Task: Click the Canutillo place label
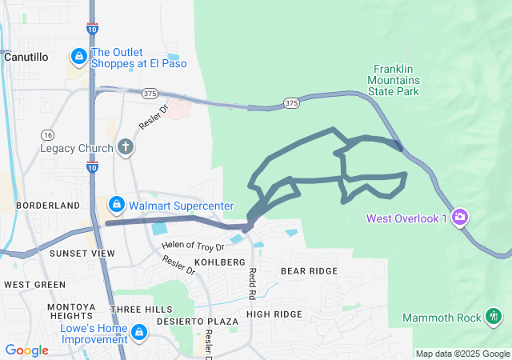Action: [26, 58]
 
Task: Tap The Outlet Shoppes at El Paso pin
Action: [79, 56]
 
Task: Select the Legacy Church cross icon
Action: [125, 146]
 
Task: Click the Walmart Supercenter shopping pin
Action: [117, 206]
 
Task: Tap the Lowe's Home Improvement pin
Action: [139, 331]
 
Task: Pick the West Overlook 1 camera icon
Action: [460, 216]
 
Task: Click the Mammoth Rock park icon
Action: [494, 317]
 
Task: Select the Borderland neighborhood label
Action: [41, 206]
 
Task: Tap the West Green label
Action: [34, 284]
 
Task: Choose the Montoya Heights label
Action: [70, 312]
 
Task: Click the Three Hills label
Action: [142, 310]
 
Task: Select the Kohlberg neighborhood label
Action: [218, 262]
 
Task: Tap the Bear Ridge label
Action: [309, 271]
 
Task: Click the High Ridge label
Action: [274, 314]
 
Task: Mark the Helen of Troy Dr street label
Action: [192, 246]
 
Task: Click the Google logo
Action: [26, 350]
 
